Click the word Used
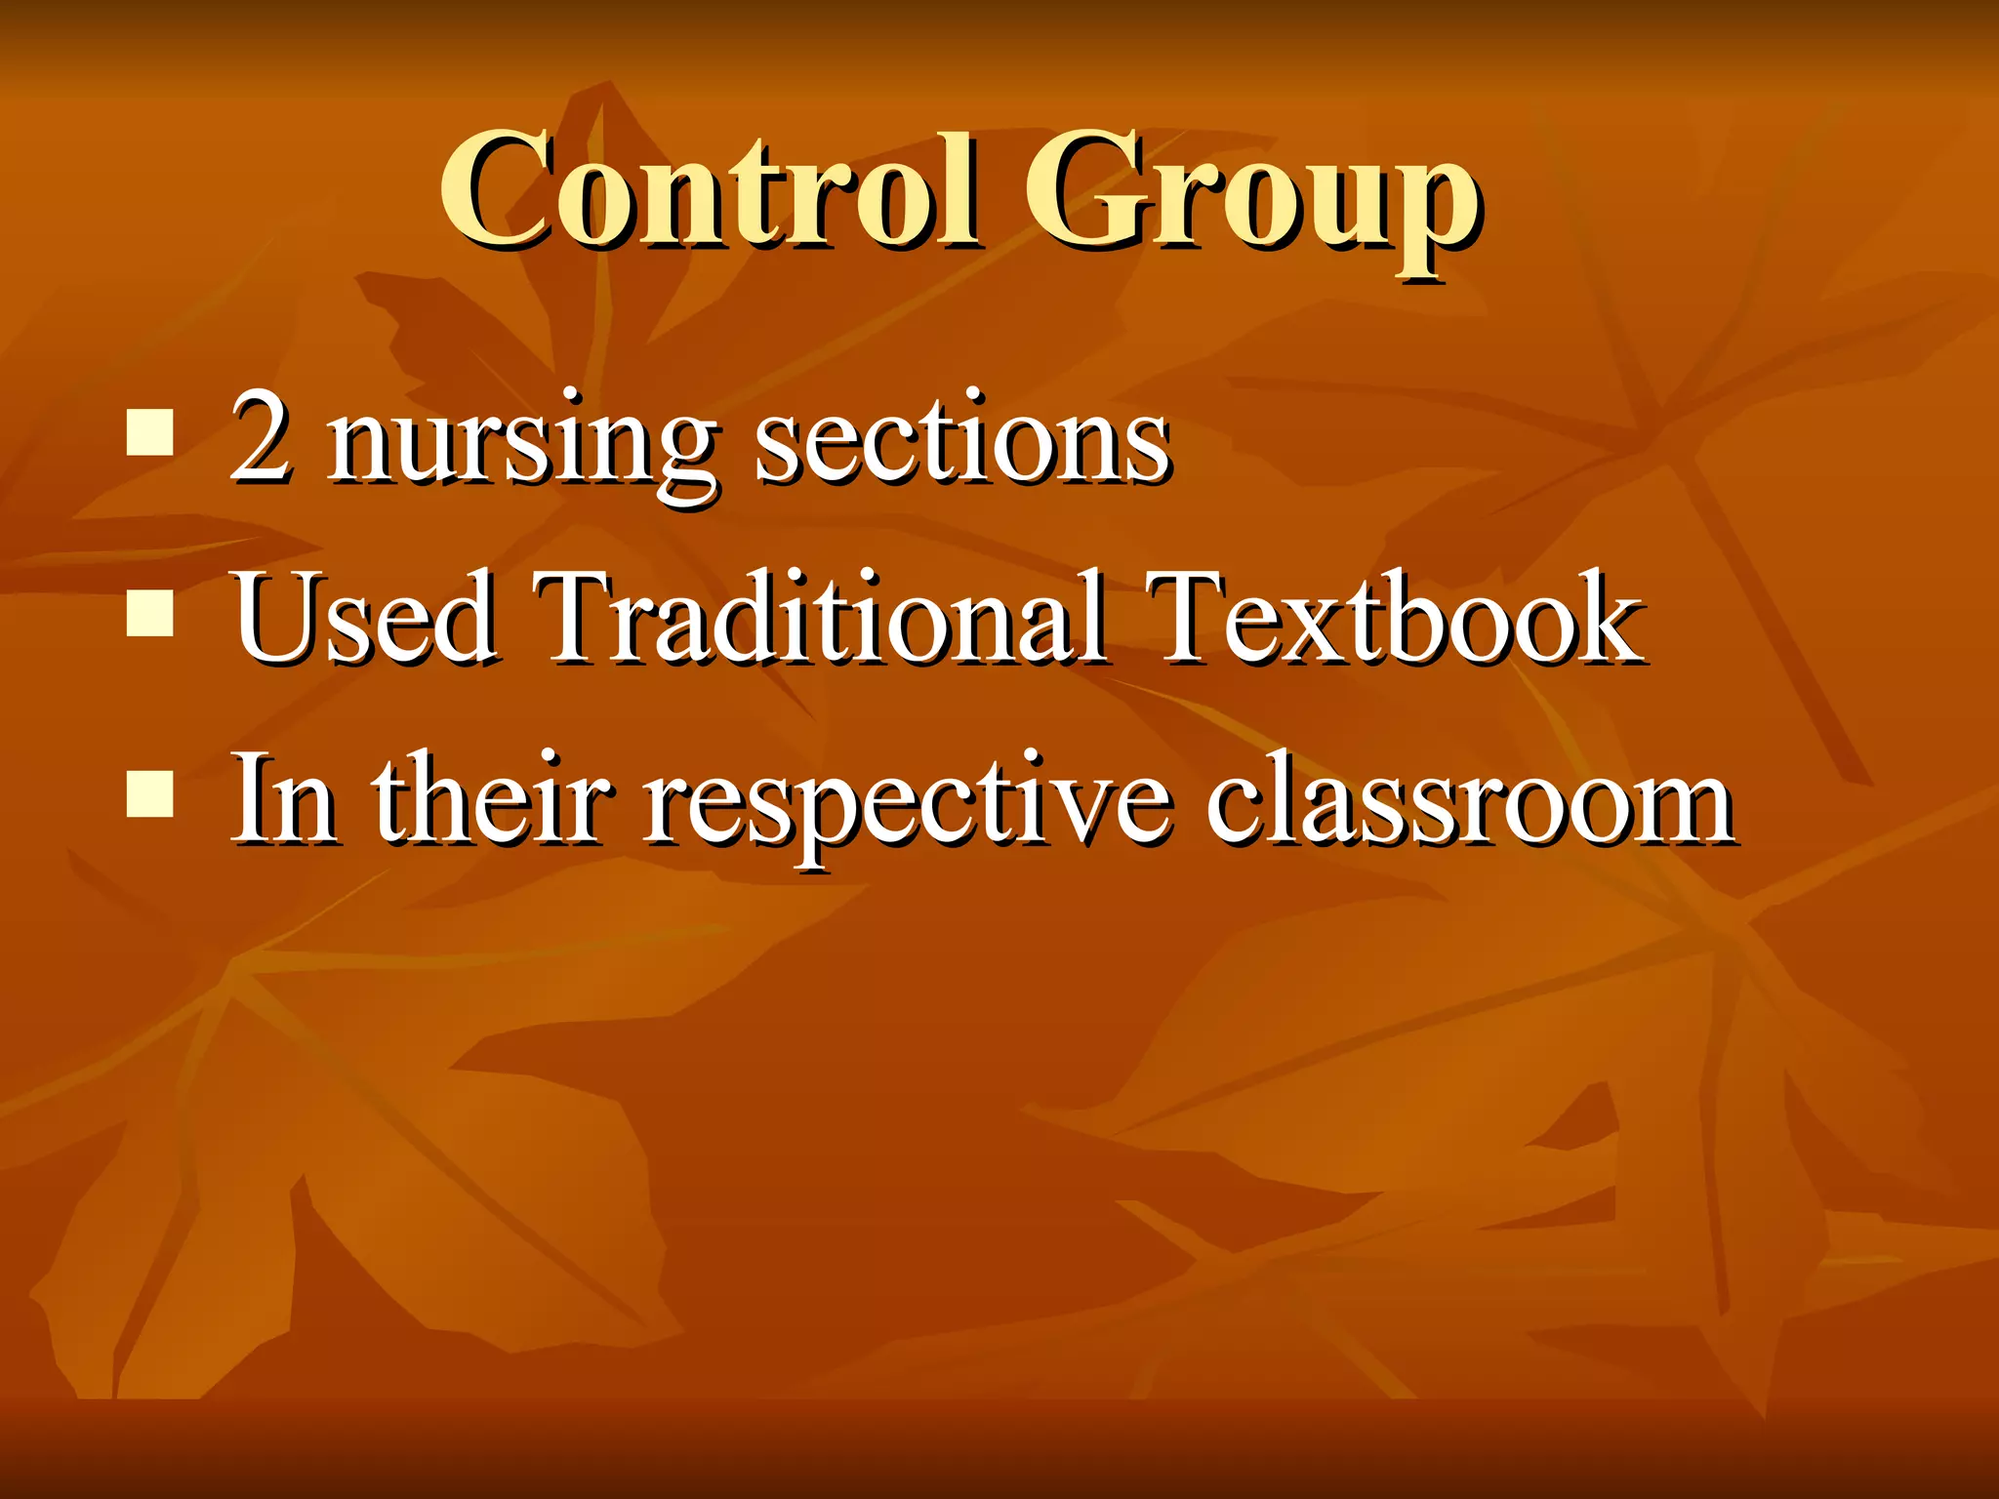click(x=363, y=617)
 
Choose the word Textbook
click(x=1394, y=617)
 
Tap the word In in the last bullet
click(x=284, y=798)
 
